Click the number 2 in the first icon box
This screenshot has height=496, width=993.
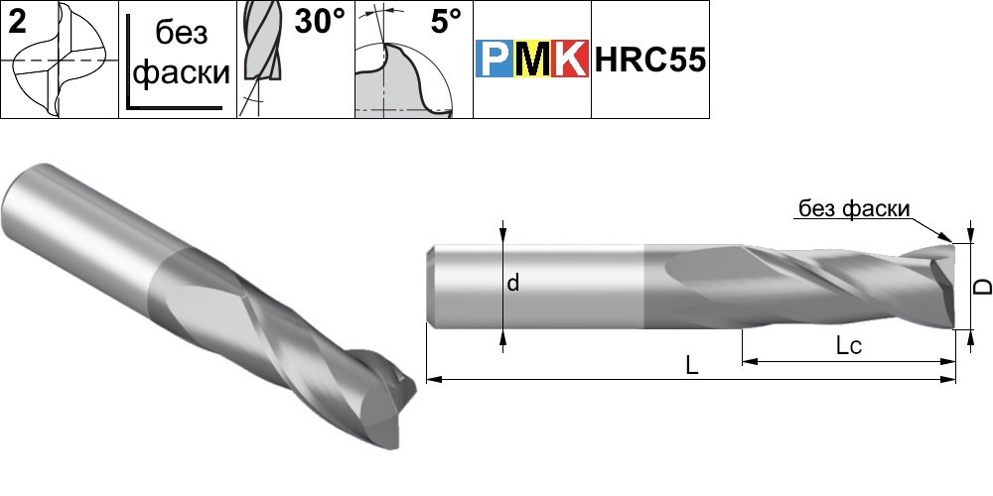click(18, 22)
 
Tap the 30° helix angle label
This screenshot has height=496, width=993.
click(321, 22)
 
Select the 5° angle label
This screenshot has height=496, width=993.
click(447, 22)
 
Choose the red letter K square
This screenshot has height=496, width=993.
click(570, 59)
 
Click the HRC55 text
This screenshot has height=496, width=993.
click(649, 61)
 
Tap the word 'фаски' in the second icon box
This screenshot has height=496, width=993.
click(182, 72)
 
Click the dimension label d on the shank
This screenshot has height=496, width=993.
click(513, 283)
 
